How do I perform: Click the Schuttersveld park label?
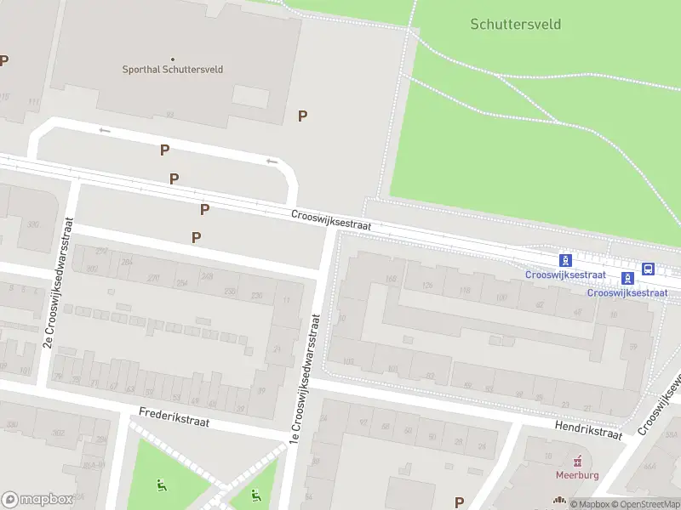point(515,24)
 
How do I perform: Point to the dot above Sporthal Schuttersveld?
point(172,59)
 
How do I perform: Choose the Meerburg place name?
point(578,474)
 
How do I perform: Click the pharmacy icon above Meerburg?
point(578,461)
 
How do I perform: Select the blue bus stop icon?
point(649,269)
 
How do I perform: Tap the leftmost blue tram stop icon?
point(564,259)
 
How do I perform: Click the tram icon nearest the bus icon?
point(627,277)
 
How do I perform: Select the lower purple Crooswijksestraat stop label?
point(627,292)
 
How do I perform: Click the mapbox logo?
point(36,500)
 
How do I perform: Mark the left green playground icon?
point(161,485)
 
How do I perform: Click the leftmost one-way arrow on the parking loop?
point(105,130)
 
